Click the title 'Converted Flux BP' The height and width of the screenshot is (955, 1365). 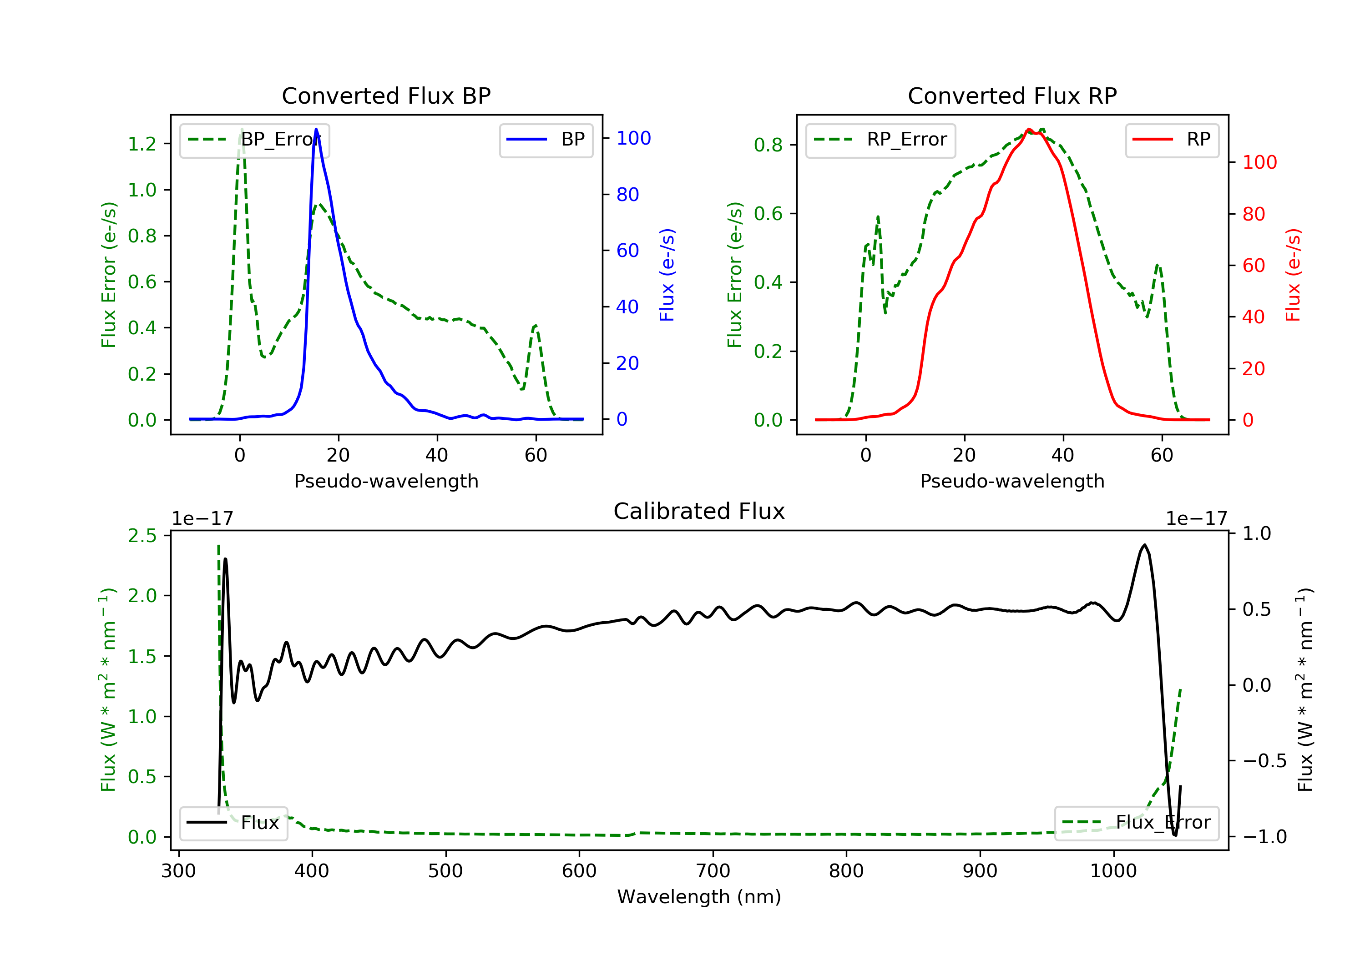386,95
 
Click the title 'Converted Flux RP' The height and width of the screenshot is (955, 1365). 1012,95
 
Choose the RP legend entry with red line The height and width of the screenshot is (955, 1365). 1171,140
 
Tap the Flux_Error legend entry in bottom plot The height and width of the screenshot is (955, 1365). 1136,823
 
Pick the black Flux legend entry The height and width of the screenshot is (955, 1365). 234,823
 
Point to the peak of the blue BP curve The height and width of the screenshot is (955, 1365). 316,129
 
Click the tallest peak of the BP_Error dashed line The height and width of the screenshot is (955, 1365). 241,129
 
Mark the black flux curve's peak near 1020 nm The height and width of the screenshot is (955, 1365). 1144,545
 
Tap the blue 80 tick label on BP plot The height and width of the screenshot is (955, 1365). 628,194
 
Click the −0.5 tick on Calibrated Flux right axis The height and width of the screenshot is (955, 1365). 1264,761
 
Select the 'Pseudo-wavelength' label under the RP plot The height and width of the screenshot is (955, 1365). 1012,481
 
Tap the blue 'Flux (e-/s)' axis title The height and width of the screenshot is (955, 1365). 667,275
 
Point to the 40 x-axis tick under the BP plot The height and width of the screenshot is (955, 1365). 436,455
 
